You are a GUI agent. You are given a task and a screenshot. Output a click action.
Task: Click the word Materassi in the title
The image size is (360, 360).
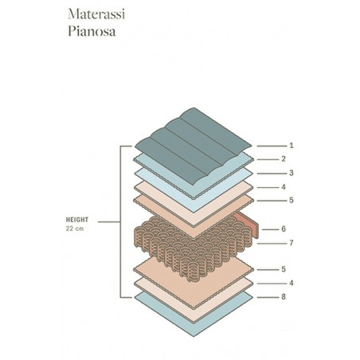pyautogui.click(x=96, y=14)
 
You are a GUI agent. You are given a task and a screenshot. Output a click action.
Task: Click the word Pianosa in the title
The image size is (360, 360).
pyautogui.click(x=92, y=31)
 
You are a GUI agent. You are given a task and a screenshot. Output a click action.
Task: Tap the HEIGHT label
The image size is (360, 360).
pyautogui.click(x=77, y=220)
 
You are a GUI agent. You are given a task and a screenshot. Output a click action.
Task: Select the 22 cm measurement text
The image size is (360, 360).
pyautogui.click(x=75, y=229)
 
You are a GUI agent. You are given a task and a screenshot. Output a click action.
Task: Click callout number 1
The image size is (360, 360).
pyautogui.click(x=292, y=146)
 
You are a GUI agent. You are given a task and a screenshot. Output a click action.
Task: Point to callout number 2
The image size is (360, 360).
pyautogui.click(x=284, y=159)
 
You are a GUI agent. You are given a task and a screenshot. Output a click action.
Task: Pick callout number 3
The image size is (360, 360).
pyautogui.click(x=292, y=173)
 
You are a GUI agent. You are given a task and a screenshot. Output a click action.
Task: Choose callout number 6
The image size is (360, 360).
pyautogui.click(x=284, y=229)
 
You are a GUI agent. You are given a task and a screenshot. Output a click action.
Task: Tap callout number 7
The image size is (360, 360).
pyautogui.click(x=292, y=243)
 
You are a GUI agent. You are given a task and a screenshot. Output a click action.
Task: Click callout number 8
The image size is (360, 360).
pyautogui.click(x=284, y=297)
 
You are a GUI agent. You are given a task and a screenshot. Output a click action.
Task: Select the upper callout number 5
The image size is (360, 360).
pyautogui.click(x=292, y=200)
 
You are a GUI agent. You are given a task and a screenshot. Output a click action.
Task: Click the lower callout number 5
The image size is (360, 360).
pyautogui.click(x=284, y=269)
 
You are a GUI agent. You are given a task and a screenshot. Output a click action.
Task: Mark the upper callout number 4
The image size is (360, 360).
pyautogui.click(x=284, y=187)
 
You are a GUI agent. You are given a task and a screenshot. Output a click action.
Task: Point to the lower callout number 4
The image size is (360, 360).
pyautogui.click(x=292, y=284)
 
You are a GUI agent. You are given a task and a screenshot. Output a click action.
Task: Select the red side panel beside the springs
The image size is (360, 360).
pyautogui.click(x=248, y=223)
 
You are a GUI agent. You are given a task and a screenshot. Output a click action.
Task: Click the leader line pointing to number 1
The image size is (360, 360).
pyautogui.click(x=272, y=146)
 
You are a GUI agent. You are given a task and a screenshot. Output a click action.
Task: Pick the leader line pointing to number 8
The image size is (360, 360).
pyautogui.click(x=268, y=297)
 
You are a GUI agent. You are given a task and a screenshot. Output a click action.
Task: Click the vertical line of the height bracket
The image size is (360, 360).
pyautogui.click(x=120, y=221)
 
